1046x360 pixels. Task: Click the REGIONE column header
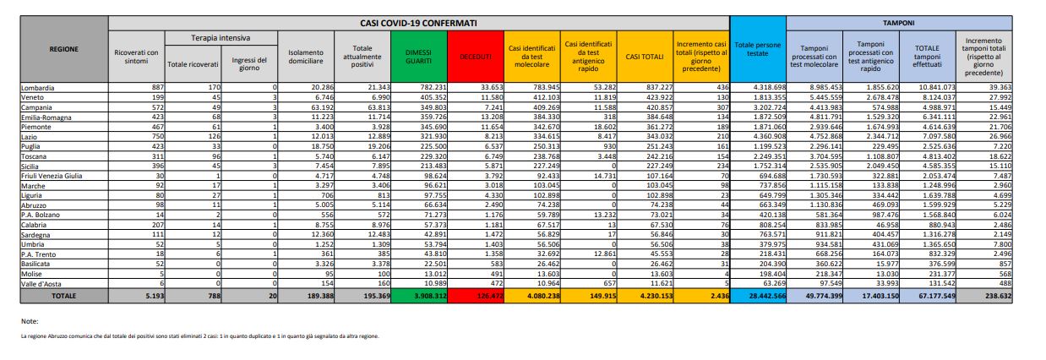[64, 49]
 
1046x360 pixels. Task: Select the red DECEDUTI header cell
[477, 56]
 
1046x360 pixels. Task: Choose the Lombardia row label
[39, 87]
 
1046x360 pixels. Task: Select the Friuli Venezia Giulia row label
[52, 176]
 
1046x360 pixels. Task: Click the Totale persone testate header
[758, 49]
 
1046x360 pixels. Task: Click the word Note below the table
[30, 321]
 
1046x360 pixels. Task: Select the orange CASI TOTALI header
[644, 56]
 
